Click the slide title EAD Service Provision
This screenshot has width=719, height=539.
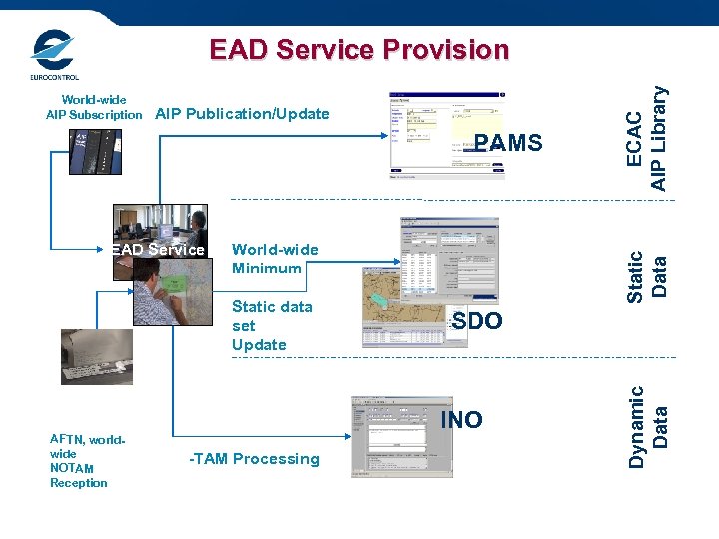359,50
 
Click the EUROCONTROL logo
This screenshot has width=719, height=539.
53,55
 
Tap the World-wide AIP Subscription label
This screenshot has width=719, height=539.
94,107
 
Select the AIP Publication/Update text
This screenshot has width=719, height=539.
242,114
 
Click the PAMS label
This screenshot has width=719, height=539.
508,143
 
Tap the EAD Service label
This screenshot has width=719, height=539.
158,250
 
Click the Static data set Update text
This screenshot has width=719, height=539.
271,325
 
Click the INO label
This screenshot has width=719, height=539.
461,420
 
